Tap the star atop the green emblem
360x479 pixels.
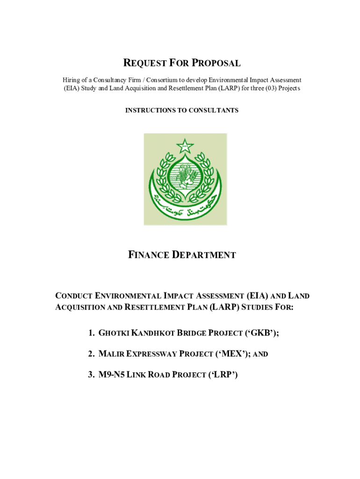pos(185,146)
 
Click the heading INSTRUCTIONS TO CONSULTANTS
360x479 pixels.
pos(182,110)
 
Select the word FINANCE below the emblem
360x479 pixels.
pos(148,255)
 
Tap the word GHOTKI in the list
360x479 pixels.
pos(114,334)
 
